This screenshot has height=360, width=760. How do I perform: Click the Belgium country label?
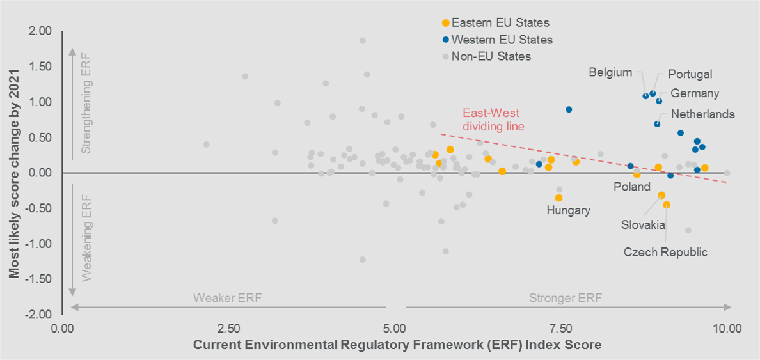pyautogui.click(x=610, y=72)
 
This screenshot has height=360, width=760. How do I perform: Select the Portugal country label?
pyautogui.click(x=690, y=74)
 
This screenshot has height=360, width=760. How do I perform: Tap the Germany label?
pyautogui.click(x=695, y=93)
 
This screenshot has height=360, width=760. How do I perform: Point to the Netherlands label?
pyautogui.click(x=703, y=114)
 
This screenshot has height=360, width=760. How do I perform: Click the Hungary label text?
pyautogui.click(x=568, y=210)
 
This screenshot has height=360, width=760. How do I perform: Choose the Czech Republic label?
pyautogui.click(x=665, y=252)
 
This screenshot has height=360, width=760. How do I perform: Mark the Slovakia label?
pyautogui.click(x=643, y=225)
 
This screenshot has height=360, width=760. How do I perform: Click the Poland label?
pyautogui.click(x=631, y=187)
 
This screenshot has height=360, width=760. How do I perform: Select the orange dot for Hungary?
pyautogui.click(x=558, y=198)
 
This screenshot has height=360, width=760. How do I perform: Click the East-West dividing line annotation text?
pyautogui.click(x=493, y=120)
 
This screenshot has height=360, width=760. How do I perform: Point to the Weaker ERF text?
pyautogui.click(x=228, y=298)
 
